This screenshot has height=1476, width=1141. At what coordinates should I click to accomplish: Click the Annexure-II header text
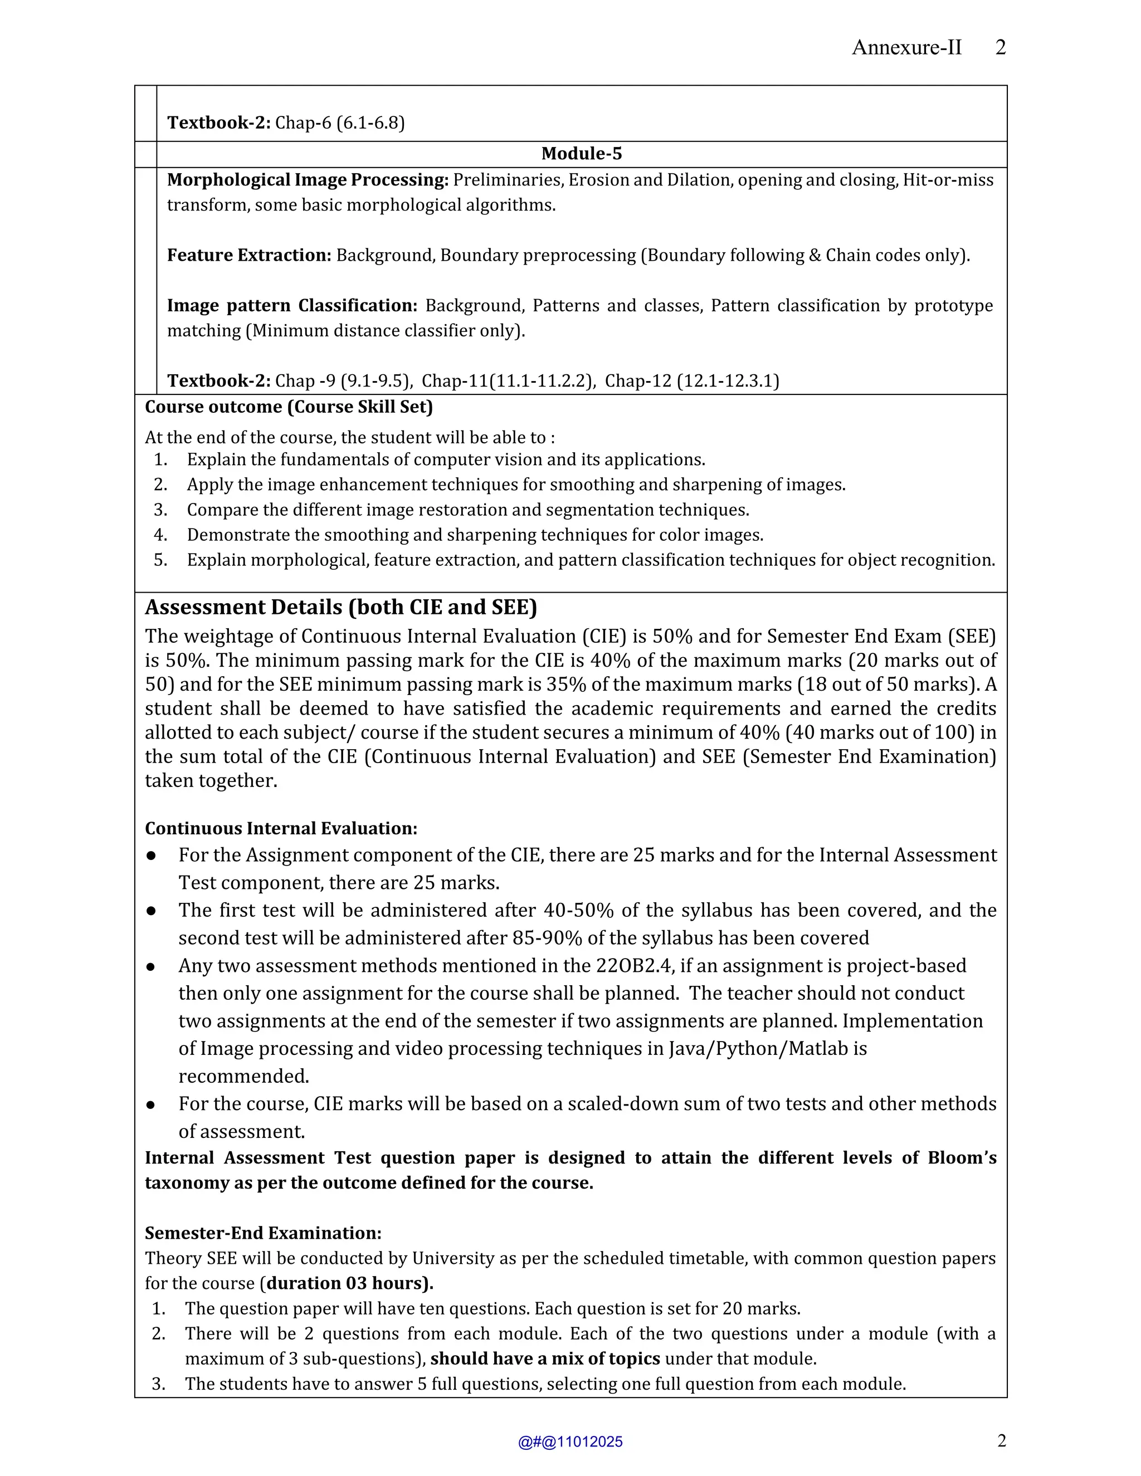906,47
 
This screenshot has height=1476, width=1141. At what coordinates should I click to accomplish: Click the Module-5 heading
581,153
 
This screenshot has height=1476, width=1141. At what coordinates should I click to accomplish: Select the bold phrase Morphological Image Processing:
308,180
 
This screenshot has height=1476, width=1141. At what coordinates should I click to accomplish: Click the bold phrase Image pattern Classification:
292,305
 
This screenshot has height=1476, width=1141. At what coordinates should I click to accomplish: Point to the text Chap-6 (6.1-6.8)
340,123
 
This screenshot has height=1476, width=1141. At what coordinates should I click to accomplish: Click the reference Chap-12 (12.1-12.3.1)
691,381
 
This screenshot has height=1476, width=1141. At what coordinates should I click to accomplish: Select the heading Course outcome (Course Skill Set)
289,407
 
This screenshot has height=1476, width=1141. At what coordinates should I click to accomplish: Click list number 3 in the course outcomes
160,510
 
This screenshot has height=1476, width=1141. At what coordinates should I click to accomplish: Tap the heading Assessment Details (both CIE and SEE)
340,607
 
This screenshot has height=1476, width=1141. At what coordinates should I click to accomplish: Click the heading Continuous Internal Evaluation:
281,829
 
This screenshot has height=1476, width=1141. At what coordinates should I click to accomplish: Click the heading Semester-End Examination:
263,1233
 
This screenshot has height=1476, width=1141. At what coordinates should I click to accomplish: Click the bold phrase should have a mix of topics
545,1358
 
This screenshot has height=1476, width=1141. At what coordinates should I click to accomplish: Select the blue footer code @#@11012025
570,1442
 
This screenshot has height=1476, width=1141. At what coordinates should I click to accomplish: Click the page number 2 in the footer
1001,1441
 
